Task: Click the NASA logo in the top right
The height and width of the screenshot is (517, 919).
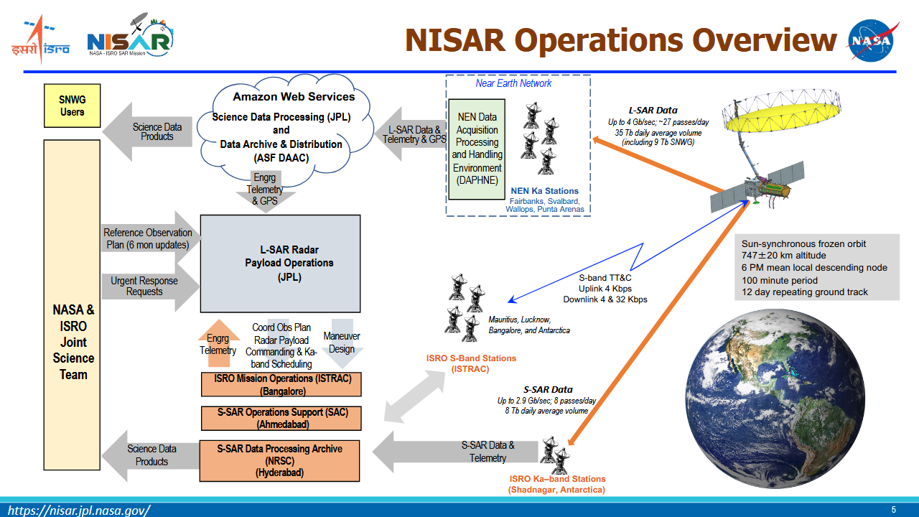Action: point(872,40)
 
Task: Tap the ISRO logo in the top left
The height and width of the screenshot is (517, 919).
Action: point(40,39)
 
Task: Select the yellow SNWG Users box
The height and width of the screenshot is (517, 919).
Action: point(72,106)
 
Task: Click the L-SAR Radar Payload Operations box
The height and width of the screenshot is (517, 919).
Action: point(280,264)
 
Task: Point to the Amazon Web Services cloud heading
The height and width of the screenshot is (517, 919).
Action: point(294,97)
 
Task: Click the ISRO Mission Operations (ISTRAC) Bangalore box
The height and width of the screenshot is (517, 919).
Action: point(281,385)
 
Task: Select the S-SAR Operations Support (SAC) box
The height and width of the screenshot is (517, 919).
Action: point(281,418)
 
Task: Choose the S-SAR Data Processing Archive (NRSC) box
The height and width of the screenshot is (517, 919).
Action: point(280,460)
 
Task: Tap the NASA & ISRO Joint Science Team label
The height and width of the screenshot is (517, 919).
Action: point(73,342)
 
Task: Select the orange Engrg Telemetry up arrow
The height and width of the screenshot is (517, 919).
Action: point(218,344)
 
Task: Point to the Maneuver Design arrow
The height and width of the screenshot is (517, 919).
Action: point(342,343)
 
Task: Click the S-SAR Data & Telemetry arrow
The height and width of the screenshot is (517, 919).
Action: point(459,452)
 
